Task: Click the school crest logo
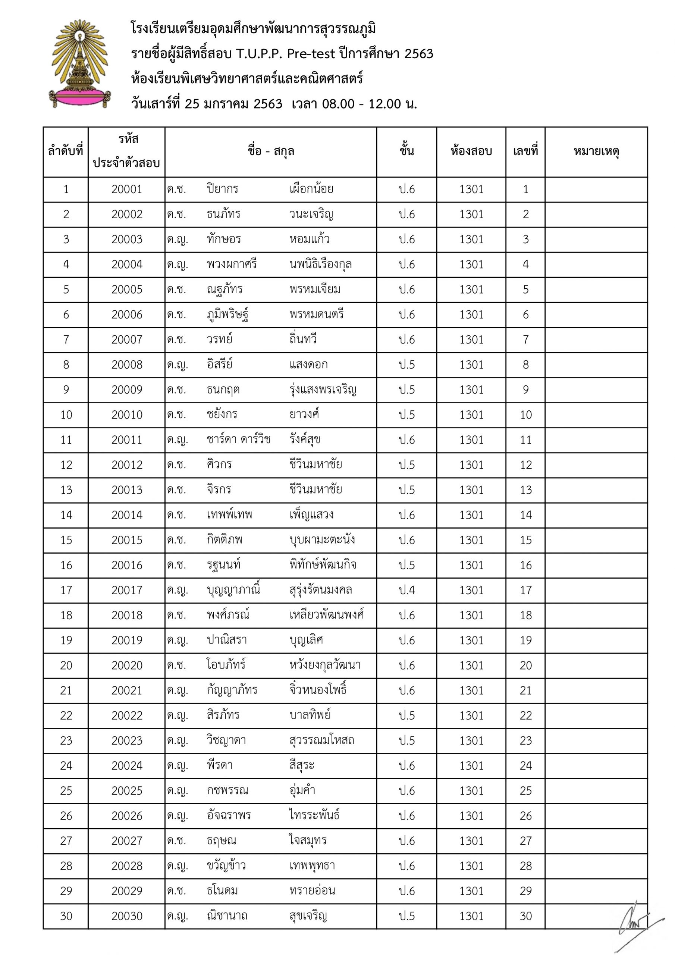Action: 80,64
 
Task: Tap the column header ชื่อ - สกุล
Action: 271,151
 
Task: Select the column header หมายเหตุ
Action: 596,151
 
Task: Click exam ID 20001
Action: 126,189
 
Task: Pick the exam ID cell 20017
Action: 126,590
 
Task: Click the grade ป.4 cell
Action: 406,590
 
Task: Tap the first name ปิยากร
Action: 223,189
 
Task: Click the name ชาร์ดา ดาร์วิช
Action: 239,440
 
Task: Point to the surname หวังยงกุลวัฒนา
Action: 325,665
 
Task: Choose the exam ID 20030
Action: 126,916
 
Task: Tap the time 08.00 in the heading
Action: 338,104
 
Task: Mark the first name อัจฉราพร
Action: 229,815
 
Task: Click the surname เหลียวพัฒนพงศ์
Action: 326,615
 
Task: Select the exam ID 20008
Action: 126,364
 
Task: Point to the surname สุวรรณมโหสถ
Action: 321,740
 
